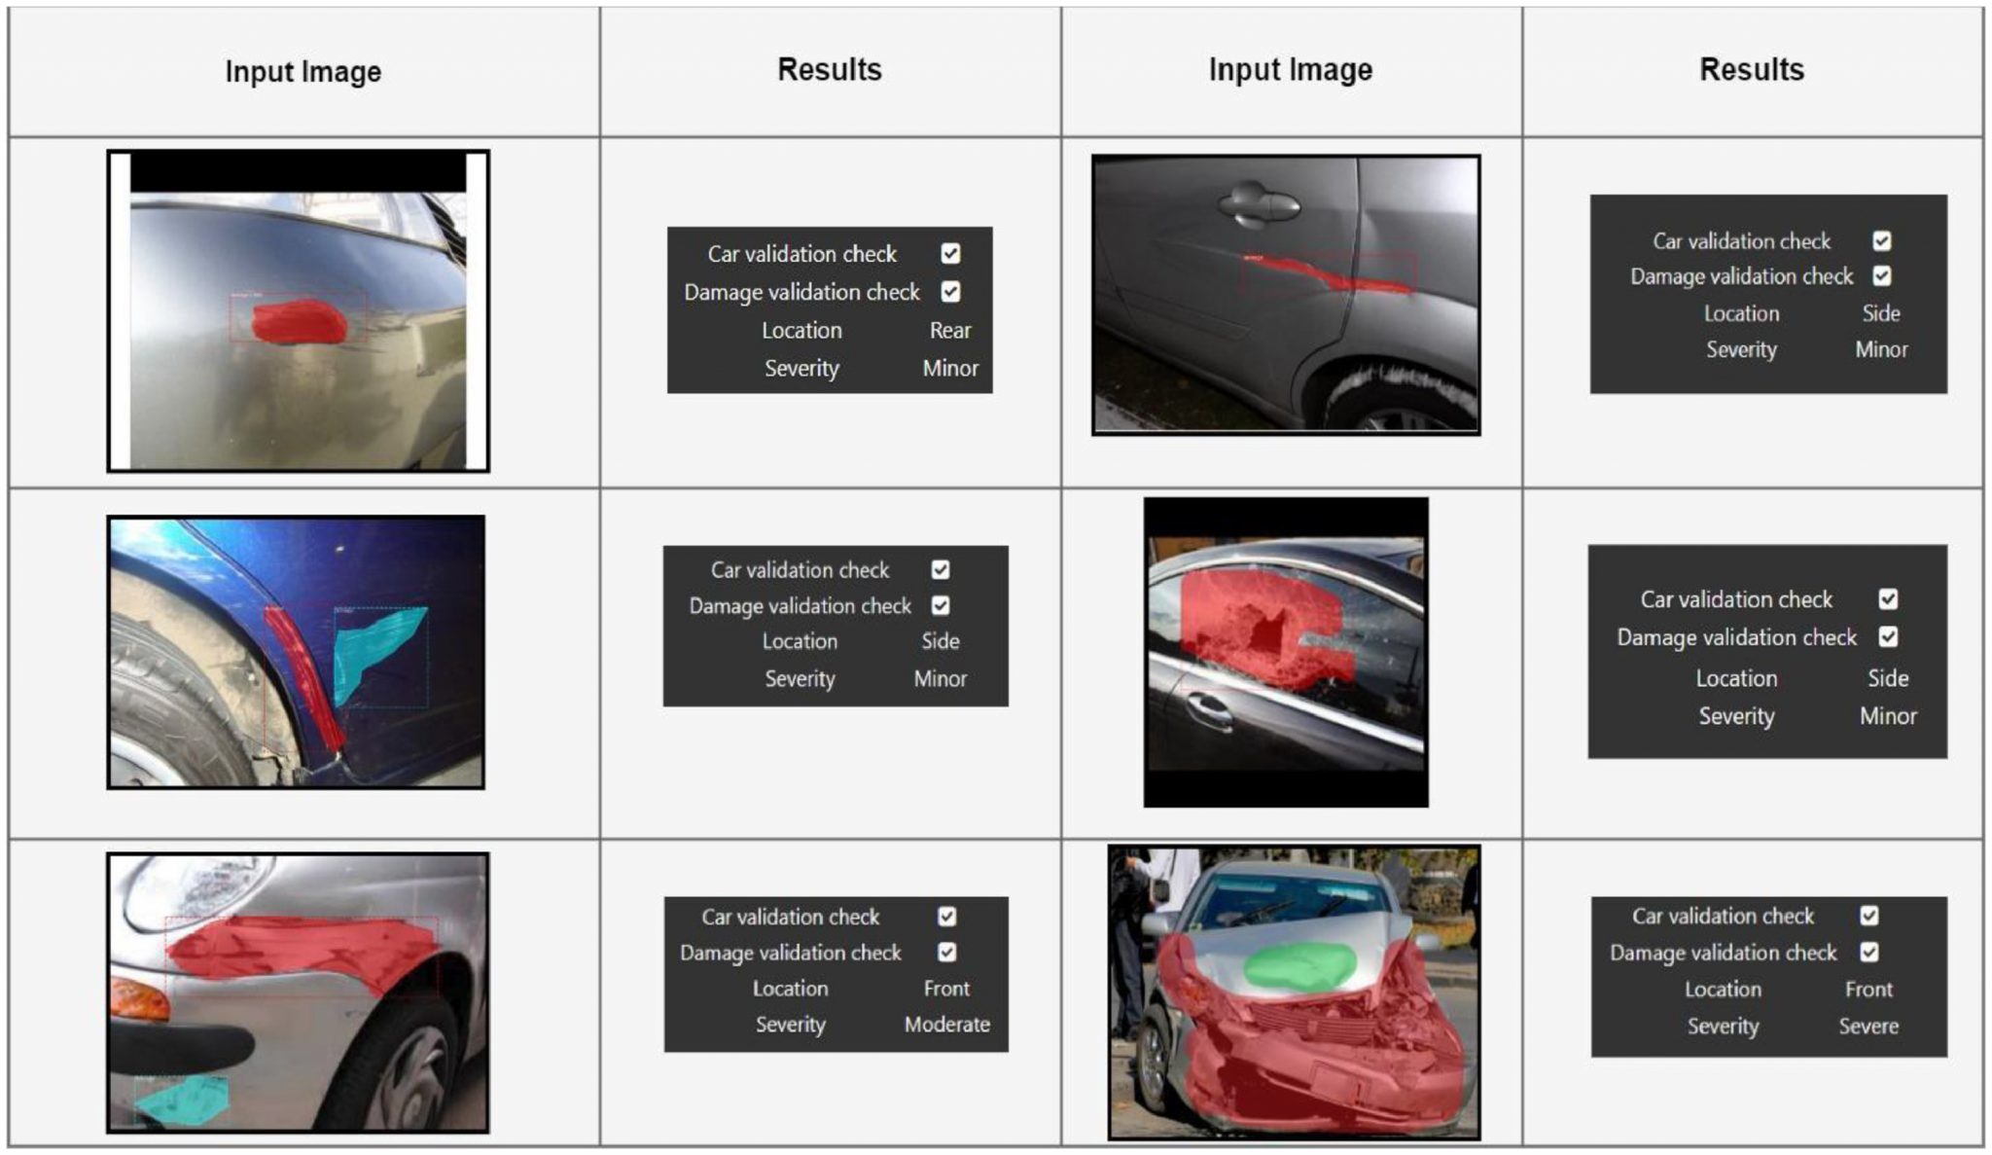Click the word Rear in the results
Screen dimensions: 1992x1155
949,331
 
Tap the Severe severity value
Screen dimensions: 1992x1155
1868,1027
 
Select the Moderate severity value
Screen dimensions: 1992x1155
946,1025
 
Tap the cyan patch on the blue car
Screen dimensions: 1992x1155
374,652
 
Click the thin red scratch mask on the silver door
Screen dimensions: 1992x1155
1327,274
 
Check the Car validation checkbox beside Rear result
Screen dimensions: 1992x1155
950,254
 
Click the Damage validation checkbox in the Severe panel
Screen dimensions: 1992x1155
1868,952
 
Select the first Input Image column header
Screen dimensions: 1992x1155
303,72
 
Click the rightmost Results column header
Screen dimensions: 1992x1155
1752,70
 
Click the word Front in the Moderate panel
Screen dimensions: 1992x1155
946,989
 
